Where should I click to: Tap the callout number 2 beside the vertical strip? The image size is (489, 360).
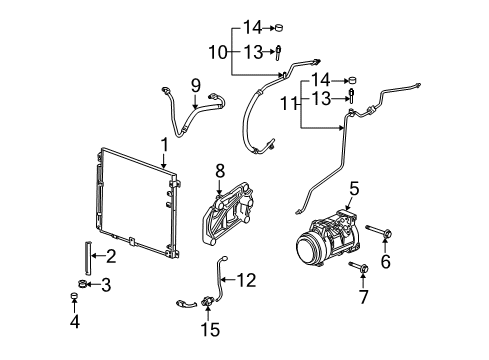tap(111, 256)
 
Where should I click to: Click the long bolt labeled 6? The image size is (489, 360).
tap(379, 235)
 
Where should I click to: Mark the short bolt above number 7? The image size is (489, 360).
tap(359, 268)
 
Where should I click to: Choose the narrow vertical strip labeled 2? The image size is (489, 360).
tap(87, 255)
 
